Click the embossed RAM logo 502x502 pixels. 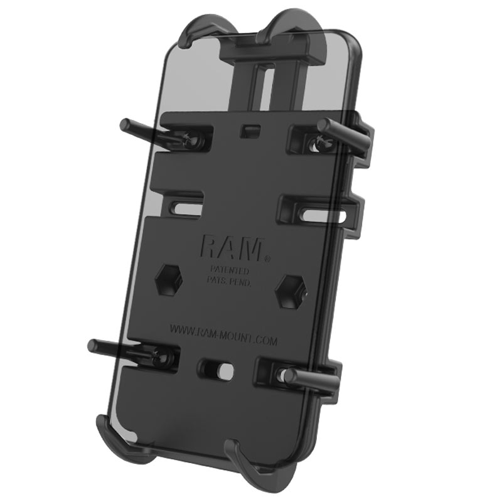[230, 248]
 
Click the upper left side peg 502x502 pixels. [141, 129]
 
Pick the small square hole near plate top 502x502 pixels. [248, 130]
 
